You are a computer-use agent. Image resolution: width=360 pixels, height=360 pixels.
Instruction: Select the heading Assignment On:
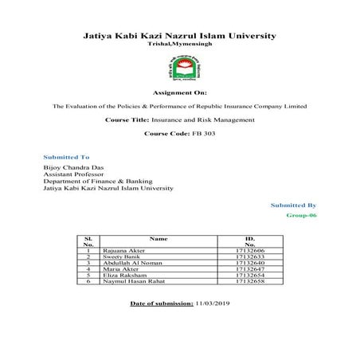(x=179, y=92)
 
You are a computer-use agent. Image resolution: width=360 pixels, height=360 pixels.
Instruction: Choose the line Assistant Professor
(x=70, y=176)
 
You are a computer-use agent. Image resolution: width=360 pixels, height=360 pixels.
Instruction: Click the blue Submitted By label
(x=294, y=205)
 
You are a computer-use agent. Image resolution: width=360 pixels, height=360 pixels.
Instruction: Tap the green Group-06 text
(x=301, y=216)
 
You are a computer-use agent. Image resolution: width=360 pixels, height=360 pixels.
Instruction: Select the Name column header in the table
(x=159, y=238)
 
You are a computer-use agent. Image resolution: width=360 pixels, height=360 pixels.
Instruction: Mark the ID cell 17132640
(x=249, y=263)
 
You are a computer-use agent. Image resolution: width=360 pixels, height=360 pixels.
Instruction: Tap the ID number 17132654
(x=249, y=276)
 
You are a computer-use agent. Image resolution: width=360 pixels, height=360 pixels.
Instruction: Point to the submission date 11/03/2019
(x=213, y=304)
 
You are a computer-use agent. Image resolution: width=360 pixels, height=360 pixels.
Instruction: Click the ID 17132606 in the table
(x=249, y=250)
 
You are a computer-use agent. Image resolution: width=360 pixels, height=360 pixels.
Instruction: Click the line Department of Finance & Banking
(x=88, y=182)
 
